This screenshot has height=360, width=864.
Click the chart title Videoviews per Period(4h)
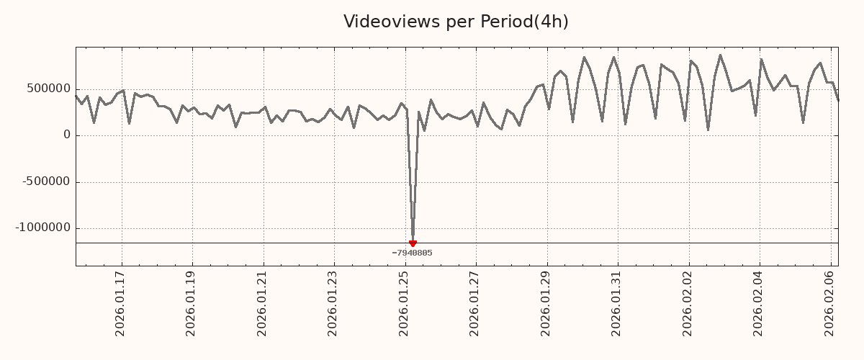pos(456,22)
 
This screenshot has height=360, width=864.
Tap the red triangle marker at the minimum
pos(413,243)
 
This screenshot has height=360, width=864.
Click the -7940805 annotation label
pos(412,253)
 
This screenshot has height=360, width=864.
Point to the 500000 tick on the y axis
pos(49,89)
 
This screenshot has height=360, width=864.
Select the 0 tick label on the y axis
pos(67,135)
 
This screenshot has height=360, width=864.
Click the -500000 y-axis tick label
pos(46,181)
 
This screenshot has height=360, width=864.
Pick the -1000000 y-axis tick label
pos(43,228)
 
